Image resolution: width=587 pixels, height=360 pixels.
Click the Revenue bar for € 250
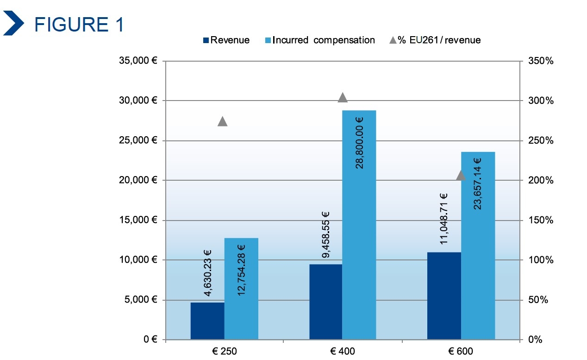207,321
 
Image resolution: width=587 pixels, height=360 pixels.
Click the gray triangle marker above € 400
343,97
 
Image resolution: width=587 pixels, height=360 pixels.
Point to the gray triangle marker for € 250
222,121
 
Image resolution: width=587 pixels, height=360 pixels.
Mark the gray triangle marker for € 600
461,175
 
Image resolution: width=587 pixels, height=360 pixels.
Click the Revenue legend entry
226,40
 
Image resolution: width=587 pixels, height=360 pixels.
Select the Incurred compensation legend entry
320,40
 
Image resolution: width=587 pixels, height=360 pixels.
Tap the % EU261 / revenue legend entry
435,40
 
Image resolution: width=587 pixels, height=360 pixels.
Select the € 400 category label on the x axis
342,351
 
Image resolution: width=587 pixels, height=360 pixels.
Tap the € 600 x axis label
461,351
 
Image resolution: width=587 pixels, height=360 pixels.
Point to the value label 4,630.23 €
207,273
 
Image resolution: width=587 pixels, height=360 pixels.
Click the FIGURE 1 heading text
79,24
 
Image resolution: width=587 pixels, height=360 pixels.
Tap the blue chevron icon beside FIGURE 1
14,24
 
